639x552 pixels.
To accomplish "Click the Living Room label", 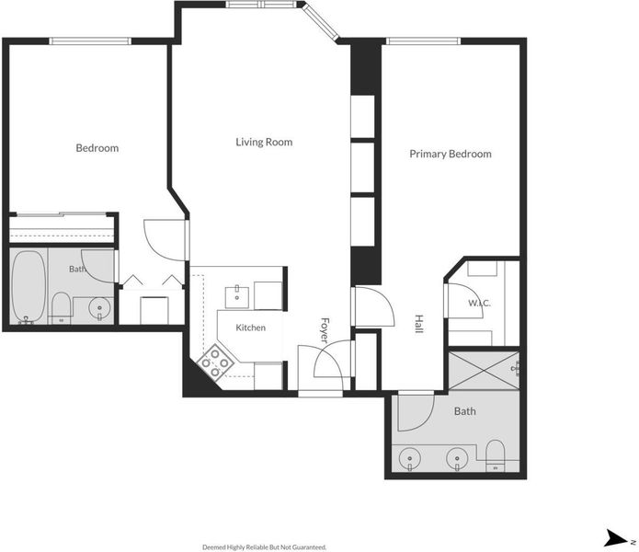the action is (264, 142).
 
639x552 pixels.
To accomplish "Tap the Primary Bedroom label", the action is (451, 154).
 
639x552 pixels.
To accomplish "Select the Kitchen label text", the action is (251, 328).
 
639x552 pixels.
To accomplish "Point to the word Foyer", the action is (325, 330).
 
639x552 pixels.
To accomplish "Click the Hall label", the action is (419, 324).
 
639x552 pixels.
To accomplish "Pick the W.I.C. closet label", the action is (479, 303).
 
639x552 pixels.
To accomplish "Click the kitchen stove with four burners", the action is (215, 362).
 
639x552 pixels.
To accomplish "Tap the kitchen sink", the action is (237, 297).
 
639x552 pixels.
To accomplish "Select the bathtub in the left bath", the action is (29, 287).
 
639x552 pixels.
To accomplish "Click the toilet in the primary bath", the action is (496, 455).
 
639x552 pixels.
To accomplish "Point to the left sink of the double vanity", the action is (409, 459).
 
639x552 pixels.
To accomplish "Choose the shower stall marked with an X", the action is (485, 370).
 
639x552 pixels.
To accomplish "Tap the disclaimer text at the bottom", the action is (264, 547).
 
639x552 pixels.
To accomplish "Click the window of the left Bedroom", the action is (90, 40).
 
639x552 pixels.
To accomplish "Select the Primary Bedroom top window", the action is (424, 40).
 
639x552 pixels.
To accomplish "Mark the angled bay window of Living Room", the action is (321, 21).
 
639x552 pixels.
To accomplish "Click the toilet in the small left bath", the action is (62, 308).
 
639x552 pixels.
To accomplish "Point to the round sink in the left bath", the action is (99, 308).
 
